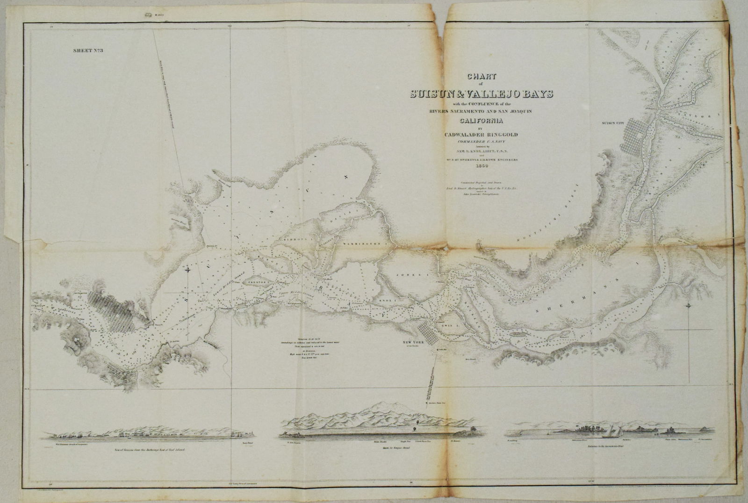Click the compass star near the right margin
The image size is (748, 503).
689,306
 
